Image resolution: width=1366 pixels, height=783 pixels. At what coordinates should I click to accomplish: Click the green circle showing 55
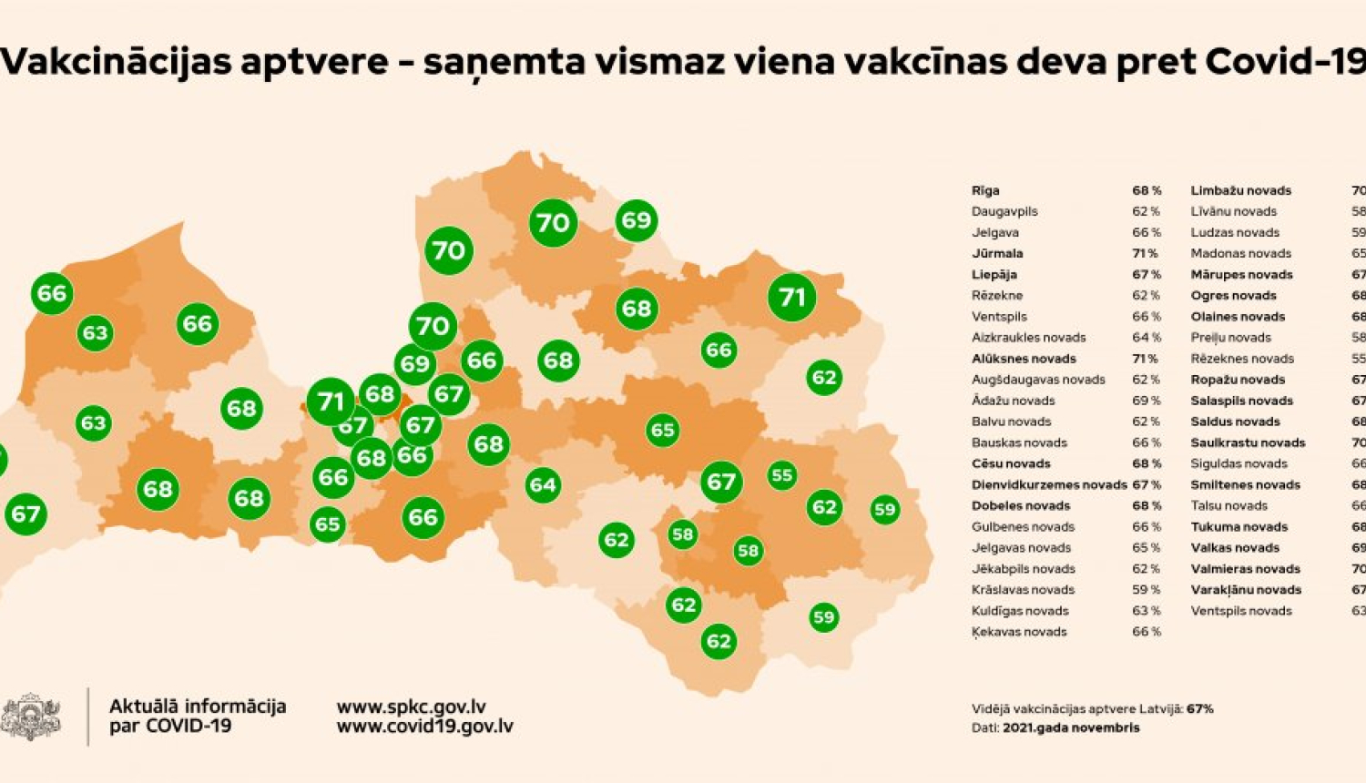pos(781,475)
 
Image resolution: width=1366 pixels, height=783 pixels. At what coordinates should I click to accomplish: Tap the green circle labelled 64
pos(543,485)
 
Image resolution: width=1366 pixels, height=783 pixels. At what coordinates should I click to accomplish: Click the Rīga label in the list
pos(985,190)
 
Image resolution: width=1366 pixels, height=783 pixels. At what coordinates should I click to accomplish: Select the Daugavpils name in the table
pos(1004,211)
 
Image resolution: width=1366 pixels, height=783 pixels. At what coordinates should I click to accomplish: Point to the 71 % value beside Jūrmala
pos(1146,254)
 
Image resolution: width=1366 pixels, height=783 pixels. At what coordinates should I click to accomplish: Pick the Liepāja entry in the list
pos(994,275)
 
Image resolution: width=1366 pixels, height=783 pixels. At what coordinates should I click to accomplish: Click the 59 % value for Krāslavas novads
pos(1147,590)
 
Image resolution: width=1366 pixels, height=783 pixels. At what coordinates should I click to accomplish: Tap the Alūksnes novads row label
pos(1024,359)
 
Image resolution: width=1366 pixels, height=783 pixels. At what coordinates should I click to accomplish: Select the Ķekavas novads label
pos(1019,632)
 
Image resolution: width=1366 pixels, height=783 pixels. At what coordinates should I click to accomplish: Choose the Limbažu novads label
pos(1241,190)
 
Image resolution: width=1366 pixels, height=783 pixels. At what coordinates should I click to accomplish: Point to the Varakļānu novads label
pos(1246,590)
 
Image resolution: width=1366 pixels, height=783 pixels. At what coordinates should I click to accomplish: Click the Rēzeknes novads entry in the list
pos(1242,359)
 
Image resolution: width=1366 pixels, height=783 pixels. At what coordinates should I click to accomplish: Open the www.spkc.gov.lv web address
pos(412,707)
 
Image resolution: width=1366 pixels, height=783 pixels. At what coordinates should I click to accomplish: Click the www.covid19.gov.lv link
pos(425,727)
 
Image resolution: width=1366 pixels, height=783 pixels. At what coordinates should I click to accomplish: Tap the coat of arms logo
pos(31,717)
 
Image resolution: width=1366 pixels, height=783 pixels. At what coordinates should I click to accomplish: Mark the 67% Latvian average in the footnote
pos(1199,709)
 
